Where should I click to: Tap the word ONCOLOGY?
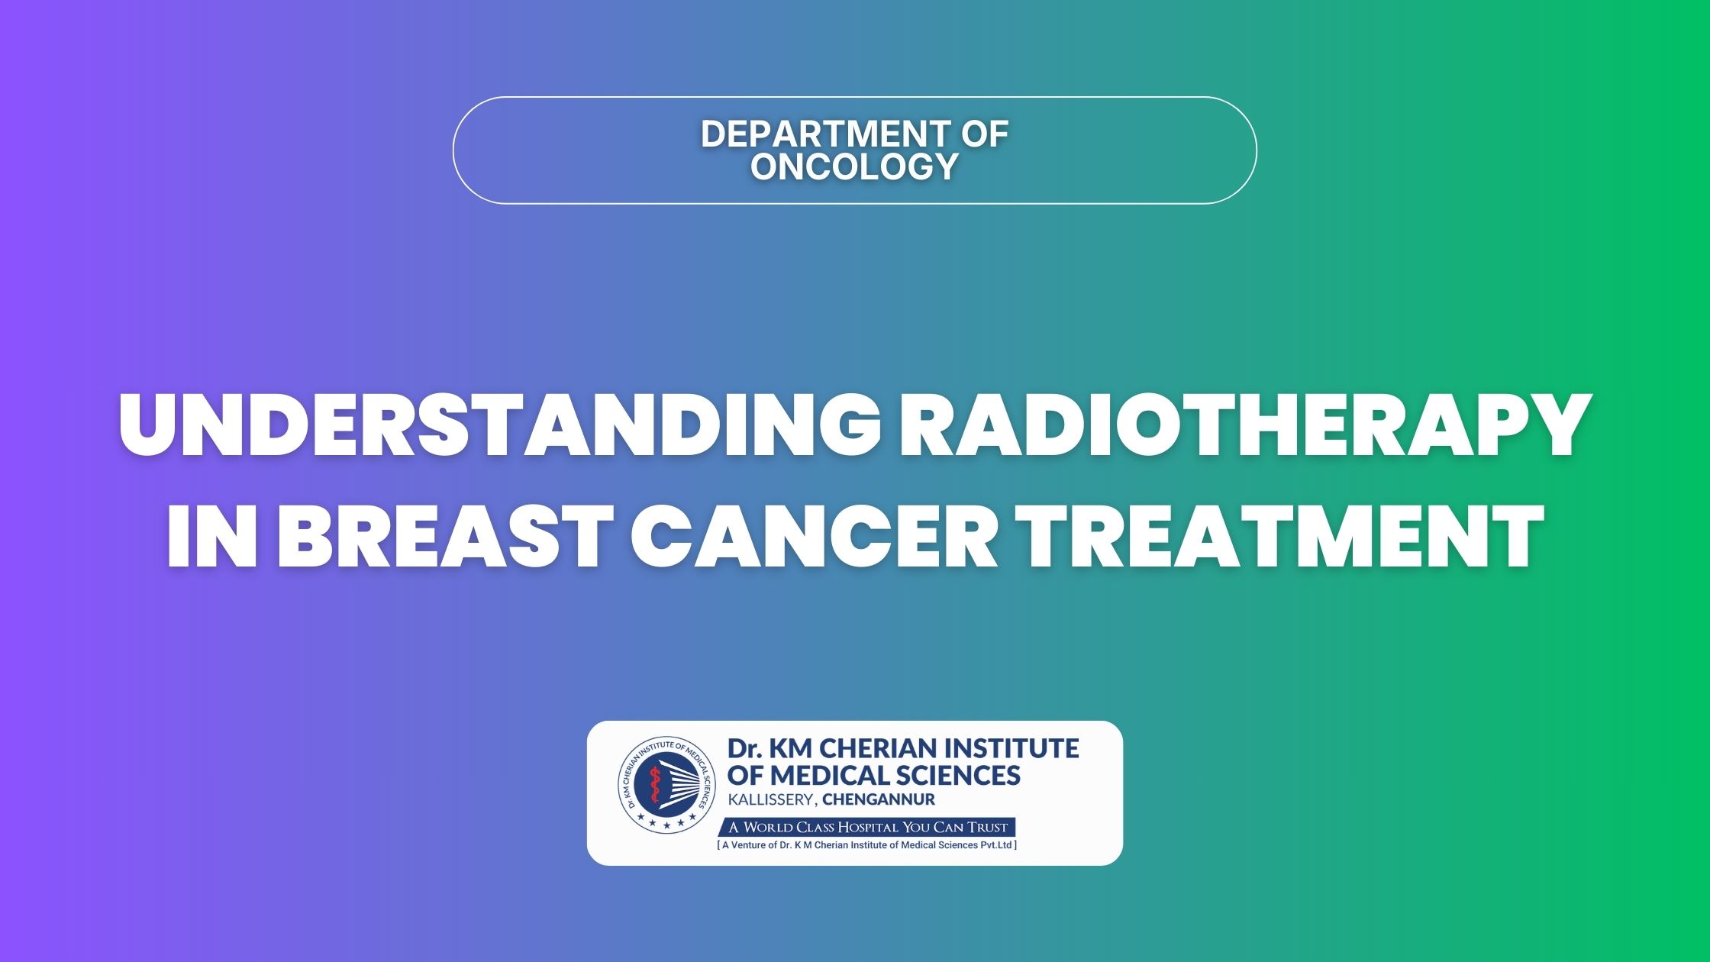pos(854,166)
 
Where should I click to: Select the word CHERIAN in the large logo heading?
pos(873,748)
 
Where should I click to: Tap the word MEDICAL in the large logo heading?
pos(830,776)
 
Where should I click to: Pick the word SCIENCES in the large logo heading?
pos(959,776)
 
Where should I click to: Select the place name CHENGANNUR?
pos(879,800)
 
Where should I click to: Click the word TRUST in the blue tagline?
pos(989,828)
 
